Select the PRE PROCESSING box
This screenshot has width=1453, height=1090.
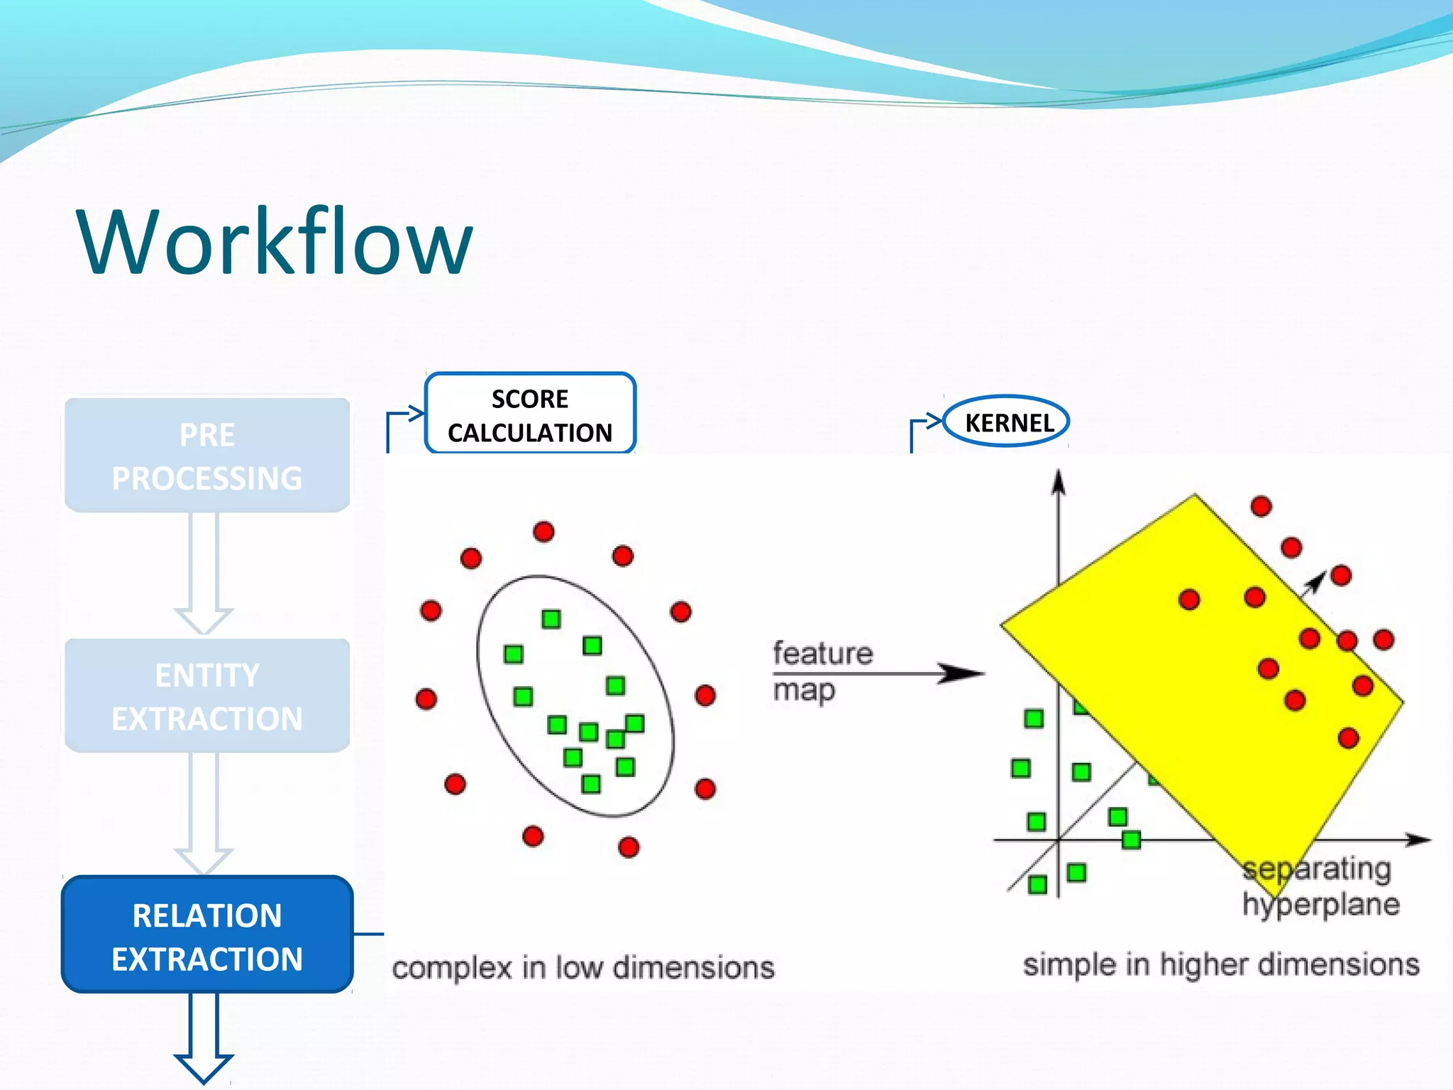[207, 456]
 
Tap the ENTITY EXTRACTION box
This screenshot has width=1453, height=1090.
[207, 696]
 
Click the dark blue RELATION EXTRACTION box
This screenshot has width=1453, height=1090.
[207, 935]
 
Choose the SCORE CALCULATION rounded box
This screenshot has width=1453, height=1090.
[530, 414]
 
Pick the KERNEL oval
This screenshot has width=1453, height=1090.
[1007, 422]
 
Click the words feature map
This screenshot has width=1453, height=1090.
[822, 671]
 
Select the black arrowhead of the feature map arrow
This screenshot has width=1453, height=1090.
[961, 673]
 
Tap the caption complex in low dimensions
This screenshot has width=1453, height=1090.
[583, 968]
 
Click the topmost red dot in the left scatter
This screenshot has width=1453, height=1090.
[543, 532]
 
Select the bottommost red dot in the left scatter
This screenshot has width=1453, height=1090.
[629, 847]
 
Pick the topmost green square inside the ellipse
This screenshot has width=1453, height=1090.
[551, 619]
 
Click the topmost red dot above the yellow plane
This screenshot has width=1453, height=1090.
[1261, 506]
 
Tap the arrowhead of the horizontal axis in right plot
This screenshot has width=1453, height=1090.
[1420, 840]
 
